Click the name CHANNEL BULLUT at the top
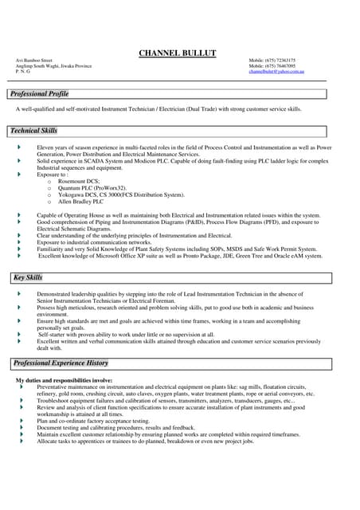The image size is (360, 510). click(x=178, y=53)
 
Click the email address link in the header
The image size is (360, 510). click(x=276, y=72)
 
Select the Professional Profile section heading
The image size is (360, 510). click(x=40, y=94)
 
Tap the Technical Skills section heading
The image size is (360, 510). click(x=33, y=131)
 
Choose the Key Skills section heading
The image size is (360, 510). click(x=27, y=277)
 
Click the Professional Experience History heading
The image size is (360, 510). click(x=61, y=363)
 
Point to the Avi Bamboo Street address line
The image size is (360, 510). click(x=34, y=61)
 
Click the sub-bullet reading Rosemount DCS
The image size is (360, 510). click(x=79, y=181)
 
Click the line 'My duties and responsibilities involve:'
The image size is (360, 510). click(x=65, y=381)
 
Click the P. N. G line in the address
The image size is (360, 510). click(x=23, y=72)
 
